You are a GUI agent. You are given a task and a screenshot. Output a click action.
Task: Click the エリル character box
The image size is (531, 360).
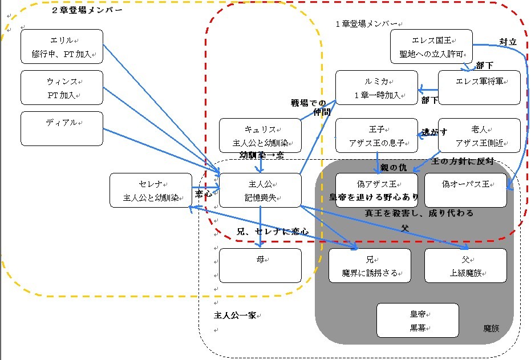coord(62,46)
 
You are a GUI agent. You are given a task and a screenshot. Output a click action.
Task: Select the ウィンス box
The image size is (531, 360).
coord(62,87)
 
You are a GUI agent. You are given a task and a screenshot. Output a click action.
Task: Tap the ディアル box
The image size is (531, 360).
coord(62,128)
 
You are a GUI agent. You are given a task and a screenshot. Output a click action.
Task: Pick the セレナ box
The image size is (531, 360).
coord(151,191)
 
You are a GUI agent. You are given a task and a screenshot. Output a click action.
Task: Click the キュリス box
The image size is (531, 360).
coord(260,136)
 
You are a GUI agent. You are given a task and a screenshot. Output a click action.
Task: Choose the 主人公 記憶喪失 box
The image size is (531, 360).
coord(260,191)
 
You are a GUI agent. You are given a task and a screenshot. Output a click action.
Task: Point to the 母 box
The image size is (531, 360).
coord(260,265)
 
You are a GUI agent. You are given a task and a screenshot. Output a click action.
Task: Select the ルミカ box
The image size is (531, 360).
coord(376,88)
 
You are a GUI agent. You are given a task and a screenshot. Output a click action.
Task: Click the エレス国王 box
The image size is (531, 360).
coord(432,47)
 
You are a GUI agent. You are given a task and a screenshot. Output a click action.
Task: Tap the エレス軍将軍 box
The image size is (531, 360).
coord(479,88)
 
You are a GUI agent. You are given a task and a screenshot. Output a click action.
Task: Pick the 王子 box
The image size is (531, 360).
coord(376,136)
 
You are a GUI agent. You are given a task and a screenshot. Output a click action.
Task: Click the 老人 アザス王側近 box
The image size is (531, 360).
coord(479,136)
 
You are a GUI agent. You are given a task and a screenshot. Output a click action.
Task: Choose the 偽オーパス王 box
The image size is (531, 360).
coord(465,190)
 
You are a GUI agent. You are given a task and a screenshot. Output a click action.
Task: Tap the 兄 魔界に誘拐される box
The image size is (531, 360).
coord(370,265)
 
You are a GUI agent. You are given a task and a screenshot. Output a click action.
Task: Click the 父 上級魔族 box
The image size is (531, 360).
coord(465,265)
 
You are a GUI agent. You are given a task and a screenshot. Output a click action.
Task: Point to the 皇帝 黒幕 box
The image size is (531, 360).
coord(417,320)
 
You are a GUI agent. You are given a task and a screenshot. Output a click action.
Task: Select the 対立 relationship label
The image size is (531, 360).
coord(508,42)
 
